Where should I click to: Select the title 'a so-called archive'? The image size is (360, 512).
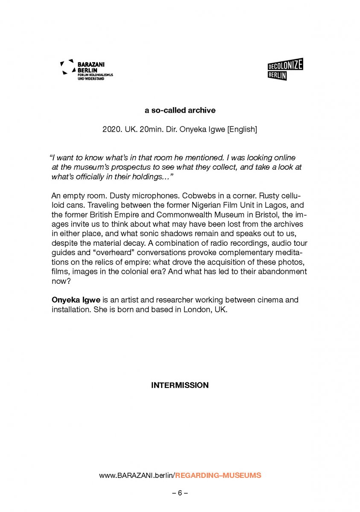pos(180,111)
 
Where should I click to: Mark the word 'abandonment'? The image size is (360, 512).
pos(280,271)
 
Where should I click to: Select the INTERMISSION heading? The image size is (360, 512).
pos(180,385)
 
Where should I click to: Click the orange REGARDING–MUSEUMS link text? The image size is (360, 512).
pos(218,475)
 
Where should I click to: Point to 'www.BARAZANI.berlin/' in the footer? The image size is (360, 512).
pos(137,475)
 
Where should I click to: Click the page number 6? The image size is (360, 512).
pos(180,493)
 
